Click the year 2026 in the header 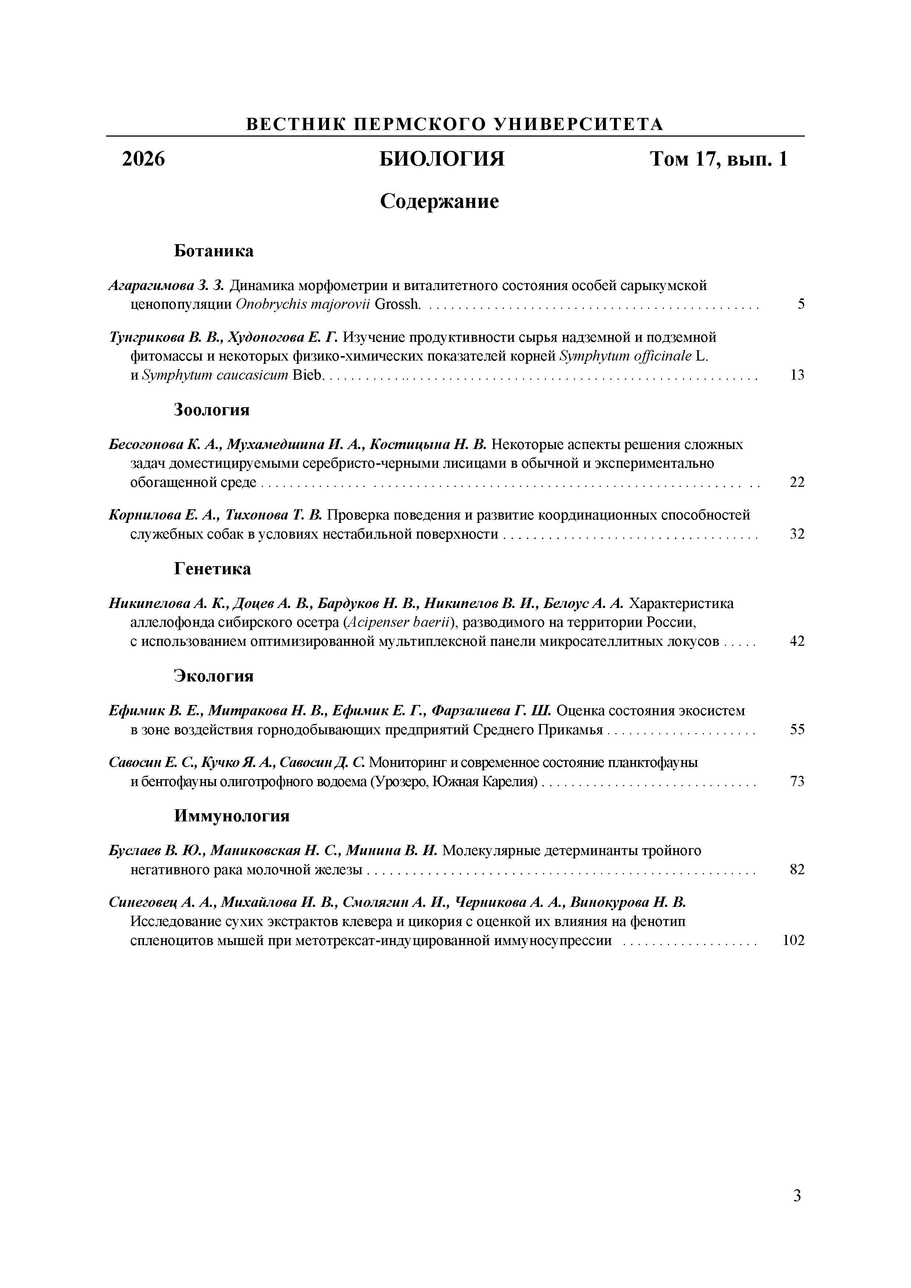click(144, 159)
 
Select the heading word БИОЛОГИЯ click(442, 159)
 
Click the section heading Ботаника click(213, 251)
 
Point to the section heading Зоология click(212, 410)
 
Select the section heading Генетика click(212, 569)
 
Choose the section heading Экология click(213, 676)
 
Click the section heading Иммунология click(232, 816)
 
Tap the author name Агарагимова click(150, 286)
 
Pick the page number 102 click(793, 941)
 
